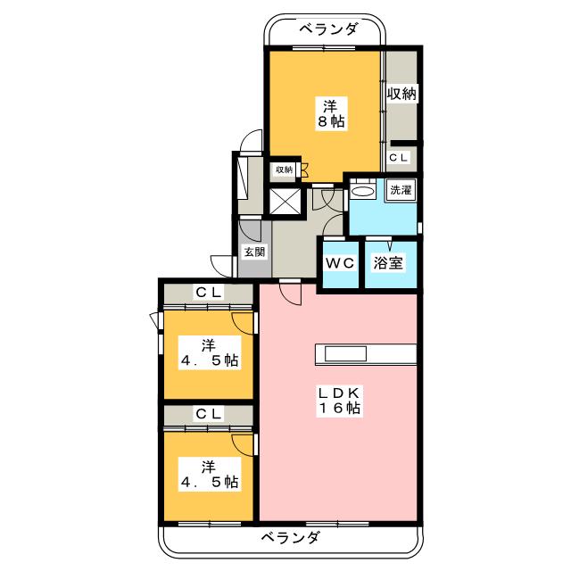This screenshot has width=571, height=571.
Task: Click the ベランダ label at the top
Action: pos(327,29)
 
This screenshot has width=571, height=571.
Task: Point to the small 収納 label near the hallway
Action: pos(284,170)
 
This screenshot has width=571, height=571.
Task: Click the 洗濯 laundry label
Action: pos(398,189)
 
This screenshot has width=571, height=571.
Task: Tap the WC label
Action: pos(339,264)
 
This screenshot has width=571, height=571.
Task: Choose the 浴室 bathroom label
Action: pos(390,264)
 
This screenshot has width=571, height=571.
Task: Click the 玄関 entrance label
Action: pos(253,252)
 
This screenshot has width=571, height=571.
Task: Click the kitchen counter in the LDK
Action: pos(365,354)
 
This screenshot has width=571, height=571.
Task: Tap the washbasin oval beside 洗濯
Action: pos(364,191)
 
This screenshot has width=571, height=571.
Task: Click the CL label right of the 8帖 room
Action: pos(400,158)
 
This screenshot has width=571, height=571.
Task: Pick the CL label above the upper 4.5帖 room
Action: pos(210,293)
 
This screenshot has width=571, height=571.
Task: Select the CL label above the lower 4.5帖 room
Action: pos(210,413)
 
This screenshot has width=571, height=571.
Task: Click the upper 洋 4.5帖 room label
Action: pos(208,353)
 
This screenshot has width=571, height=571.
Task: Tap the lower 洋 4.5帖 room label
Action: pos(208,473)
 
